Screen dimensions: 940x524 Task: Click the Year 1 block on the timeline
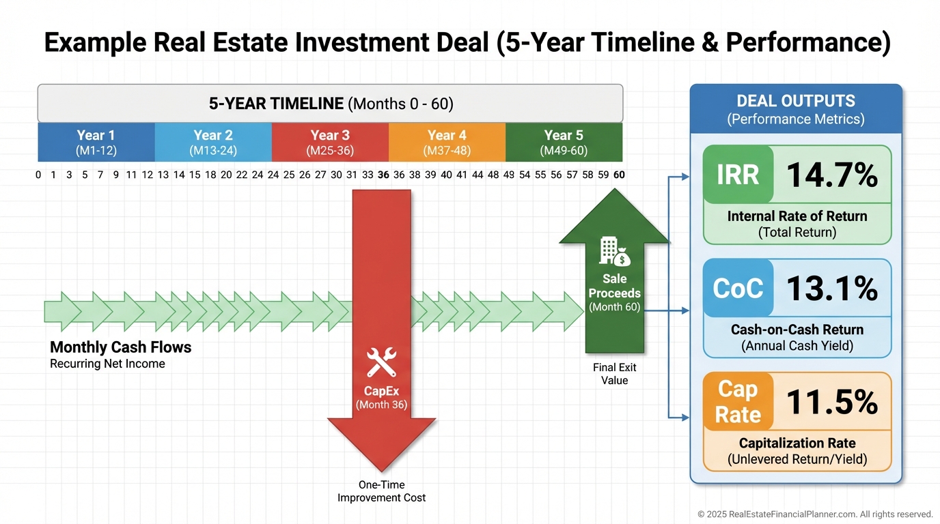[x=96, y=142]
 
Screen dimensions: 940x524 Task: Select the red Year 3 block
[x=330, y=142]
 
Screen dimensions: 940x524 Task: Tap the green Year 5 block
[x=564, y=142]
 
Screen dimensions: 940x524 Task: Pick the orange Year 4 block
[x=447, y=142]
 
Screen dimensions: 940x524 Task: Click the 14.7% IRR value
[x=832, y=175]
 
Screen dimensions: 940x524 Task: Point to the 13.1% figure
[x=832, y=289]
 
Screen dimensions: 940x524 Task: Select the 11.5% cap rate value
[x=832, y=402]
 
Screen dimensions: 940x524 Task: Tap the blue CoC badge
[x=738, y=288]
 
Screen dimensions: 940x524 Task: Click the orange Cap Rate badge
[x=738, y=402]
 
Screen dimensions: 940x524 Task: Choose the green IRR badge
[x=738, y=175]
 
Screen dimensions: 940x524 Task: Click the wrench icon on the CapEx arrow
[x=381, y=362]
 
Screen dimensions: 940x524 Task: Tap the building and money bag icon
[x=614, y=251]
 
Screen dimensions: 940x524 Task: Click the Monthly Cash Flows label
[x=120, y=347]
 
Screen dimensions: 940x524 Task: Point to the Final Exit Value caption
[x=614, y=374]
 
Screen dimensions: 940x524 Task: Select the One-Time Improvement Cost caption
[x=381, y=491]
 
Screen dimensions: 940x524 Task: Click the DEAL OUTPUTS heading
[x=796, y=101]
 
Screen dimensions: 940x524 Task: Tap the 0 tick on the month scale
[x=38, y=175]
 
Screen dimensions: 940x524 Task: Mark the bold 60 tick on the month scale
[x=619, y=175]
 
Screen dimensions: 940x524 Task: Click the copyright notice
[x=815, y=514]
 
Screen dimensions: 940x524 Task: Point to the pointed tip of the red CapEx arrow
[x=381, y=472]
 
